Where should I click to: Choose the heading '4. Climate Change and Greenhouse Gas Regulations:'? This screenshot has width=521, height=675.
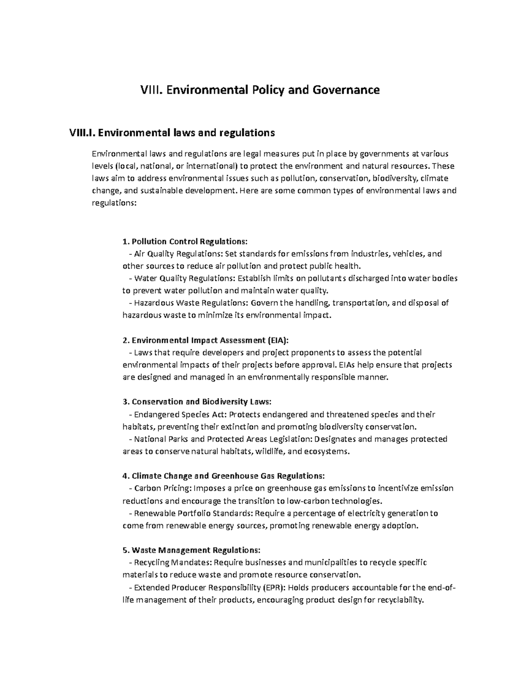[x=223, y=475]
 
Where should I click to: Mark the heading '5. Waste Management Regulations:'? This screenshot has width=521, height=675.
[x=191, y=550]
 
